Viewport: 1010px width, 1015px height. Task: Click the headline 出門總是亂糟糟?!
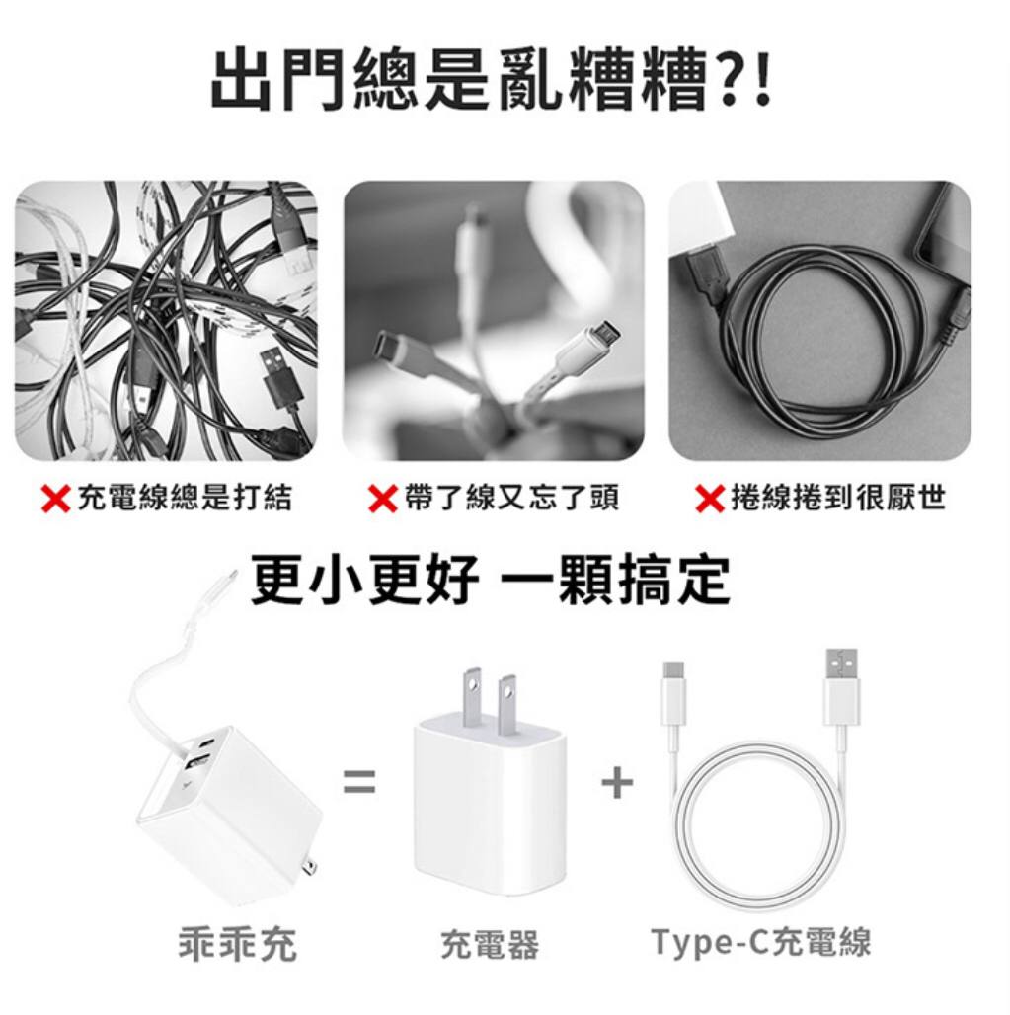coord(492,79)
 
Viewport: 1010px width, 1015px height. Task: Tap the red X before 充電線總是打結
coord(55,499)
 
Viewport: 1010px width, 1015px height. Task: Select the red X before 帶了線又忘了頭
coord(382,499)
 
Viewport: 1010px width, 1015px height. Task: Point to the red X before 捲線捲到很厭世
coord(710,499)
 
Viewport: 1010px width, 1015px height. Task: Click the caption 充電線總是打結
coord(185,498)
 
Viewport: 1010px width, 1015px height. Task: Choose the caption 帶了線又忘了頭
coord(512,498)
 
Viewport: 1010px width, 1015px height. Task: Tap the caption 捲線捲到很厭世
coord(838,498)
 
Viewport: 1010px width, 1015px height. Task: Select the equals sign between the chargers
coord(359,780)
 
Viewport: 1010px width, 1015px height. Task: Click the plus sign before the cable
coord(617,783)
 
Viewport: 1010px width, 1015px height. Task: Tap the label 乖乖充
coord(238,944)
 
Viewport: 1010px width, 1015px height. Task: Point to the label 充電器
coord(490,944)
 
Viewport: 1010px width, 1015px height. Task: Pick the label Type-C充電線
coord(761,942)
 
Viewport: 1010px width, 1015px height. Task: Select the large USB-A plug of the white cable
coord(841,687)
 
